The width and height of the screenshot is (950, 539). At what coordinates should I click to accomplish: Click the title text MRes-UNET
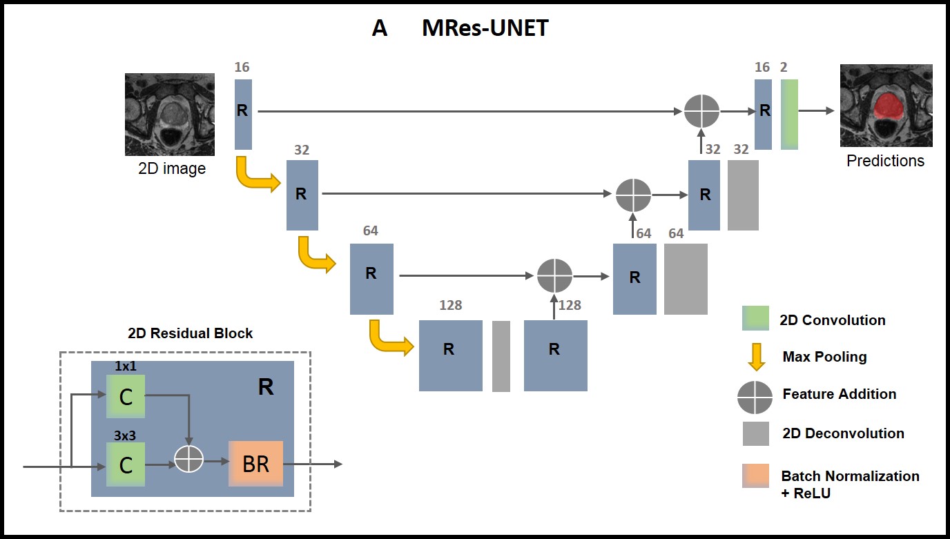(x=485, y=29)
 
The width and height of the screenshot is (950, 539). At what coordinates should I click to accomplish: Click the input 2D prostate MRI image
(x=169, y=115)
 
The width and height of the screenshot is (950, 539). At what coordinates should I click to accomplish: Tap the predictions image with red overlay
(x=886, y=106)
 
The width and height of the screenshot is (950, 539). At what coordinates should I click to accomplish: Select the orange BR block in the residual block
(x=256, y=464)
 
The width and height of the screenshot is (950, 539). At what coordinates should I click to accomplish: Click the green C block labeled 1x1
(x=126, y=396)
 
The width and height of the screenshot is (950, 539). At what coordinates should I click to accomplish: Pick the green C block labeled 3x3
(x=126, y=464)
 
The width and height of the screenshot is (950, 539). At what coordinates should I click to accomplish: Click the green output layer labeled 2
(x=789, y=114)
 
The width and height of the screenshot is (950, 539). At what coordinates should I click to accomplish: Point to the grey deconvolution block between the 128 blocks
(x=501, y=356)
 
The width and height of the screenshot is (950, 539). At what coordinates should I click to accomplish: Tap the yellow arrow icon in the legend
(x=757, y=356)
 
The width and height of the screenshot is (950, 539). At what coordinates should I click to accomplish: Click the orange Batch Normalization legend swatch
(x=755, y=476)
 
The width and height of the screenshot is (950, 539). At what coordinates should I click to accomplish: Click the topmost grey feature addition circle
(x=702, y=110)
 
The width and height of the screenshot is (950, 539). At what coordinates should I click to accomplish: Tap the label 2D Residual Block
(x=191, y=333)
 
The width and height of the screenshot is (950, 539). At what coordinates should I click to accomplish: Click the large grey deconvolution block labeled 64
(x=686, y=279)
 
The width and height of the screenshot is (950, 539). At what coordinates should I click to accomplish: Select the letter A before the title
(x=379, y=29)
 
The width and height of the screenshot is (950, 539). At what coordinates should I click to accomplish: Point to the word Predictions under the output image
(x=885, y=161)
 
